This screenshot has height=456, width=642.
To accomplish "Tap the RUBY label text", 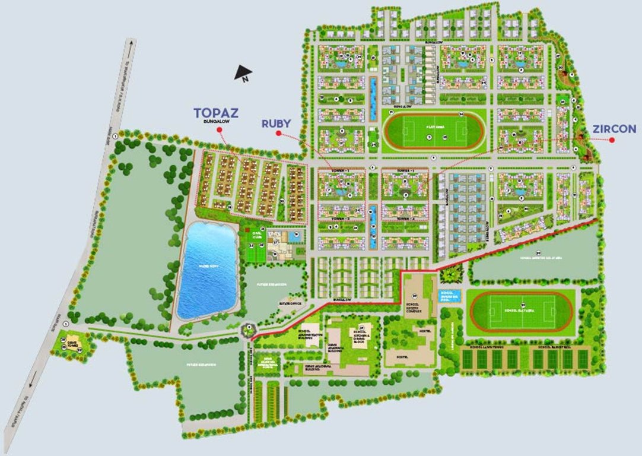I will coord(276,123).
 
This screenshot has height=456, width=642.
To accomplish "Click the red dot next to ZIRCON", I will coord(612,140).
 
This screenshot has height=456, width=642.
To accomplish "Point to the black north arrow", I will coord(243,74).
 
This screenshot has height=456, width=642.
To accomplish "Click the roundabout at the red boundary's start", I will coord(249,327).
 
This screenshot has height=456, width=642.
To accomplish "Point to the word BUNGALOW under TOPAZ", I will coord(212,121).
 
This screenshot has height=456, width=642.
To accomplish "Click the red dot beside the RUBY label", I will coord(278,134).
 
